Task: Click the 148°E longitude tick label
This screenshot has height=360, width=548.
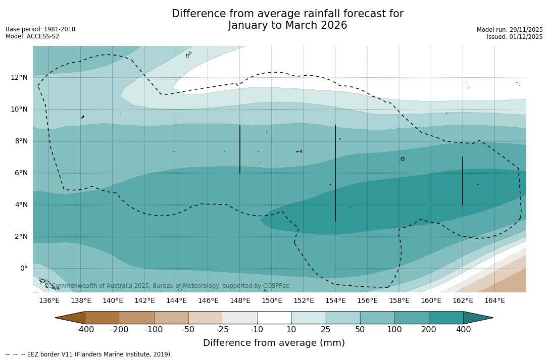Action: [x=240, y=301]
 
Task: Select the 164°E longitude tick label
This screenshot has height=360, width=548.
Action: [x=494, y=301]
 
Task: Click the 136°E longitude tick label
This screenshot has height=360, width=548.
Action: [x=49, y=301]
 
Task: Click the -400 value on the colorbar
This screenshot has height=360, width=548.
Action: [x=85, y=330]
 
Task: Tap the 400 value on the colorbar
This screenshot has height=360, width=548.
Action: [x=463, y=330]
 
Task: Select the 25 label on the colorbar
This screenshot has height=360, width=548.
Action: [x=326, y=330]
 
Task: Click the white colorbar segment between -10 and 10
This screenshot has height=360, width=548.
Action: [x=274, y=318]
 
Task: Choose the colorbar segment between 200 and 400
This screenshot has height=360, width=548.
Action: [x=446, y=318]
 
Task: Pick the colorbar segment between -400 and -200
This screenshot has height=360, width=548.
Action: [x=102, y=318]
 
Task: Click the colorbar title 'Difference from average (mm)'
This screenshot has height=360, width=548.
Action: [x=274, y=343]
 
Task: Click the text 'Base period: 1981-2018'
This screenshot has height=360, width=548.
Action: [x=40, y=29]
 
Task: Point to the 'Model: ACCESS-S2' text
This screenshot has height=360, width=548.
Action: [x=32, y=36]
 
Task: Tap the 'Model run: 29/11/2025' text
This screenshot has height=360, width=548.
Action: [x=510, y=30]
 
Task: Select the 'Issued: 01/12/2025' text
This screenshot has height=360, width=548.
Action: [x=515, y=37]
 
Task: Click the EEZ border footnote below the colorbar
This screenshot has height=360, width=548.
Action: [x=89, y=354]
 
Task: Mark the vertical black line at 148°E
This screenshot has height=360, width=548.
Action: [x=240, y=149]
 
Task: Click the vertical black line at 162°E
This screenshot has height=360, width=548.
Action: [x=463, y=181]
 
